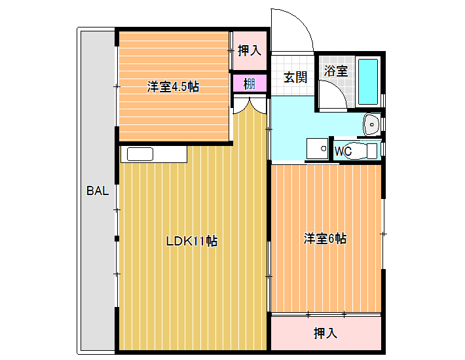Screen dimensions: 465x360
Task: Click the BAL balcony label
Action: pyautogui.click(x=98, y=190)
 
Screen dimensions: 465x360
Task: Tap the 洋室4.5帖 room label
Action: pyautogui.click(x=173, y=86)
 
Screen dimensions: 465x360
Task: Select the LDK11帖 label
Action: pyautogui.click(x=192, y=241)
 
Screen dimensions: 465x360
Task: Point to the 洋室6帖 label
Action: pyautogui.click(x=325, y=238)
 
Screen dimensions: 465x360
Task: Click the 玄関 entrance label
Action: pyautogui.click(x=295, y=77)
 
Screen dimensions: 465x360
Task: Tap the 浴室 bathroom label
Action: pyautogui.click(x=336, y=71)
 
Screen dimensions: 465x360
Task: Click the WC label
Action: pyautogui.click(x=343, y=151)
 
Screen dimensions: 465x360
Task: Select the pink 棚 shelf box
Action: pyautogui.click(x=250, y=83)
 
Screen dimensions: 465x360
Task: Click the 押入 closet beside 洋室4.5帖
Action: pyautogui.click(x=250, y=50)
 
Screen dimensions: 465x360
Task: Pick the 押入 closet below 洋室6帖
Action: pyautogui.click(x=326, y=333)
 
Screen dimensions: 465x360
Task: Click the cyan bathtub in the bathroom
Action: pyautogui.click(x=368, y=82)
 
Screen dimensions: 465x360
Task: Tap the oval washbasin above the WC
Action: pyautogui.click(x=371, y=124)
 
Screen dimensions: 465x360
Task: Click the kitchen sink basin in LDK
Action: pyautogui.click(x=140, y=154)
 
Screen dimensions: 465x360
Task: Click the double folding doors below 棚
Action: pyautogui.click(x=250, y=107)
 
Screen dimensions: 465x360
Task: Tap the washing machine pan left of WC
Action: pyautogui.click(x=318, y=149)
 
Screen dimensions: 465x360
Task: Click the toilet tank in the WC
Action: pyautogui.click(x=372, y=151)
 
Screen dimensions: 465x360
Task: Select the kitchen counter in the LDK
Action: pyautogui.click(x=154, y=154)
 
